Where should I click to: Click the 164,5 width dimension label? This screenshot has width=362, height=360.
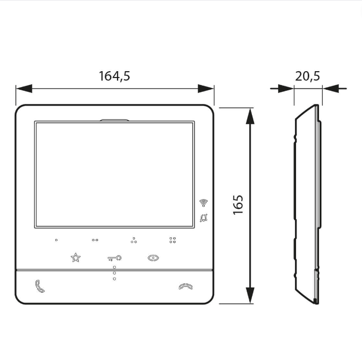114,76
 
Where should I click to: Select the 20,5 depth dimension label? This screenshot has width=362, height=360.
308,76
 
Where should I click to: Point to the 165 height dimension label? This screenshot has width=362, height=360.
238,205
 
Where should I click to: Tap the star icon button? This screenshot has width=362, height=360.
75,258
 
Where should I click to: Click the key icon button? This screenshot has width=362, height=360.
114,258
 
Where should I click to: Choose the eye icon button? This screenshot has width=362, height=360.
153,258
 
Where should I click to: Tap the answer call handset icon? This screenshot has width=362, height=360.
40,286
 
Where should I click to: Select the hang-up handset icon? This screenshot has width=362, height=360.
186,286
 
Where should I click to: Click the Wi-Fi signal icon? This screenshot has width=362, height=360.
204,202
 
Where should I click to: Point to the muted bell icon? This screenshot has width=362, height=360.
204,218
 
